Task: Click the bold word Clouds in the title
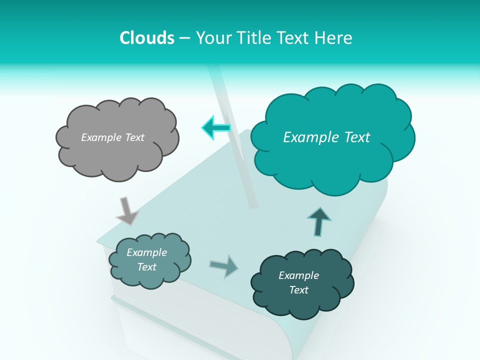147,38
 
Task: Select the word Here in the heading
334,38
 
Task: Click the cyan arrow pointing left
216,128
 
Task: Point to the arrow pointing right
224,266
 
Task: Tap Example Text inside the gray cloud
112,137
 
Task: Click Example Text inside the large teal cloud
326,137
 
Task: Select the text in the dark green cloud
298,282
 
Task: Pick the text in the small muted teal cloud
146,259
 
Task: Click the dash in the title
184,38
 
